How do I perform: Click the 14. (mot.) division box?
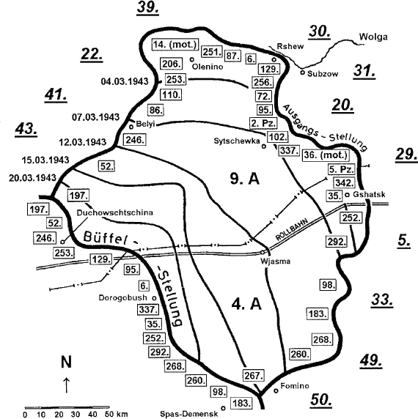pyautogui.click(x=175, y=45)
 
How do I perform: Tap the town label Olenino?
pyautogui.click(x=208, y=67)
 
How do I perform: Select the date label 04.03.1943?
pyautogui.click(x=125, y=81)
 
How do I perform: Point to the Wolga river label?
pyautogui.click(x=373, y=37)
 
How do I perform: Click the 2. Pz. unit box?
pyautogui.click(x=263, y=123)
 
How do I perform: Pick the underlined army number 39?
pyautogui.click(x=147, y=7)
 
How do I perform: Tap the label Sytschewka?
pyautogui.click(x=237, y=141)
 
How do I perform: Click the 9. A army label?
pyautogui.click(x=245, y=179)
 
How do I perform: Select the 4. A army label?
pyautogui.click(x=246, y=304)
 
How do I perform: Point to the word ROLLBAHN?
pyautogui.click(x=292, y=229)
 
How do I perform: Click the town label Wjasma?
pyautogui.click(x=276, y=261)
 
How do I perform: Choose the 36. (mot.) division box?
pyautogui.click(x=326, y=155)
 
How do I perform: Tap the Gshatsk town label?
pyautogui.click(x=369, y=194)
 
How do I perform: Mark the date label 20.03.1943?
pyautogui.click(x=32, y=178)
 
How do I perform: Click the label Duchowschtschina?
pyautogui.click(x=115, y=212)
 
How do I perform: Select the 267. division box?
pyautogui.click(x=253, y=376)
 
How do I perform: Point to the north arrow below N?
pyautogui.click(x=66, y=385)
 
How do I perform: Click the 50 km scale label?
pyautogui.click(x=117, y=414)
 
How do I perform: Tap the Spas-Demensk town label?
pyautogui.click(x=188, y=414)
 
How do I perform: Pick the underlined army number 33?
pyautogui.click(x=382, y=300)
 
